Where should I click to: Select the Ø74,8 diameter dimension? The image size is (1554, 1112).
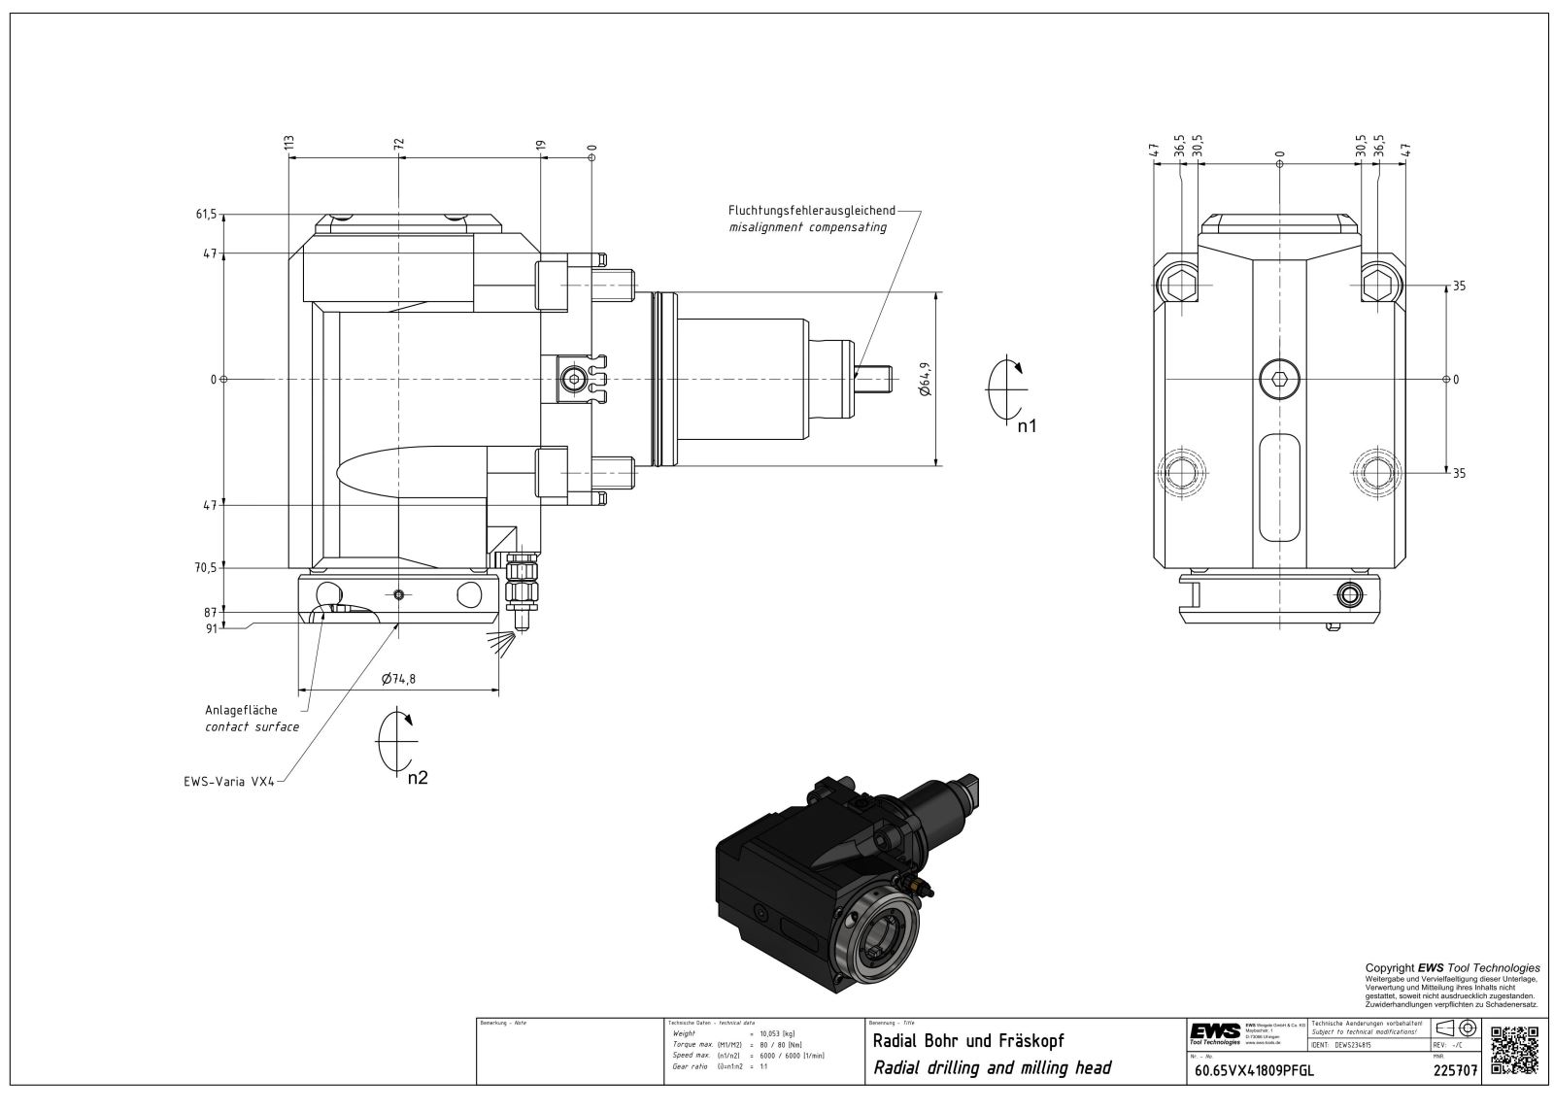398,679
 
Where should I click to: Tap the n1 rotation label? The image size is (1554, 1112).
1027,424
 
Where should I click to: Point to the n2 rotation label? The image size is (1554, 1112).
417,778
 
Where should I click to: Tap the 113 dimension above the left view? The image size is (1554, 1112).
288,145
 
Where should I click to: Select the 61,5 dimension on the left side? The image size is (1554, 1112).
206,214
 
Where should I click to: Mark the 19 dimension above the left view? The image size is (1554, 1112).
541,147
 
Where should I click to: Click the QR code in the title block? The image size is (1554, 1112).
1513,1050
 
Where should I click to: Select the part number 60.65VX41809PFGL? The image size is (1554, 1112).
1254,1071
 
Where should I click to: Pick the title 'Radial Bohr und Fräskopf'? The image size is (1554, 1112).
969,1041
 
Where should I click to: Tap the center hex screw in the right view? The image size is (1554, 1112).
1279,378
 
